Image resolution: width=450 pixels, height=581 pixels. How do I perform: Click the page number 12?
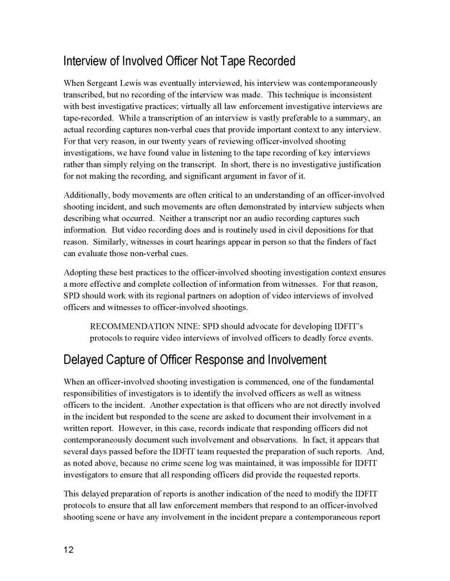pyautogui.click(x=69, y=550)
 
